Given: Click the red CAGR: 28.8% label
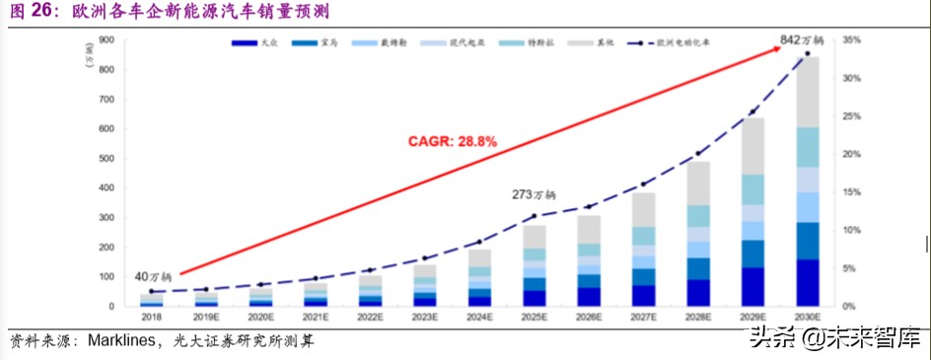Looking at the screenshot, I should click(x=453, y=141).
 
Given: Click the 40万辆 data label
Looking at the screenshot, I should click(x=155, y=276).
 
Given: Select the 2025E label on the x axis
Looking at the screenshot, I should click(x=534, y=318).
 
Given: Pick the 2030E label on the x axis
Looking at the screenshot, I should click(x=807, y=318).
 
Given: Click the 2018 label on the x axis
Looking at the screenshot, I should click(x=152, y=318).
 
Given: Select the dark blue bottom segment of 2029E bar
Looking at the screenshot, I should click(x=752, y=287).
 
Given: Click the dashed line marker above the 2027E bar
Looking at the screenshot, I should click(x=643, y=183).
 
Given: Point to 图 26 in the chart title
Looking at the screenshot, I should click(x=30, y=12).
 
